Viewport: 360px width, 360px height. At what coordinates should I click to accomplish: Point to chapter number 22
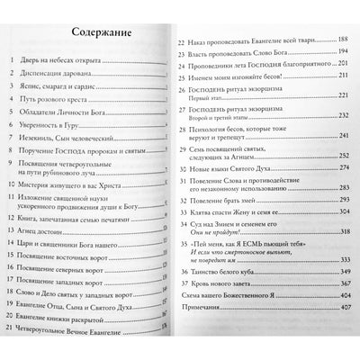185,41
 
